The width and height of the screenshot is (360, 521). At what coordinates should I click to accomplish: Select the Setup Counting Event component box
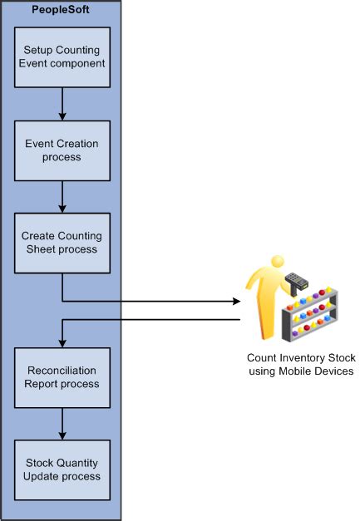click(x=62, y=57)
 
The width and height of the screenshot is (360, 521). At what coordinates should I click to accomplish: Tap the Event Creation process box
click(x=62, y=150)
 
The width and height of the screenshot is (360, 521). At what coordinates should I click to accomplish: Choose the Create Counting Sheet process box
click(x=62, y=243)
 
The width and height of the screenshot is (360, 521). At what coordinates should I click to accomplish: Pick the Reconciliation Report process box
click(x=62, y=377)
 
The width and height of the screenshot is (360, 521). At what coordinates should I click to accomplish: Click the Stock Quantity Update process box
click(x=62, y=469)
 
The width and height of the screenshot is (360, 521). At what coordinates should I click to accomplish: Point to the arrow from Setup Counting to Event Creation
click(x=62, y=104)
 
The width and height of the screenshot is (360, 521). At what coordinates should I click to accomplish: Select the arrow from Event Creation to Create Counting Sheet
click(x=62, y=196)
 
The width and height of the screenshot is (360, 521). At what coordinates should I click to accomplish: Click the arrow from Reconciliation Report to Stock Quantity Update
click(x=62, y=424)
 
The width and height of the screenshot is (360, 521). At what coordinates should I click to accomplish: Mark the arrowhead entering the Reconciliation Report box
click(x=62, y=342)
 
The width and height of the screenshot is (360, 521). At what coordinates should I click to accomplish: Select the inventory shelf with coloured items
click(x=310, y=317)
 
